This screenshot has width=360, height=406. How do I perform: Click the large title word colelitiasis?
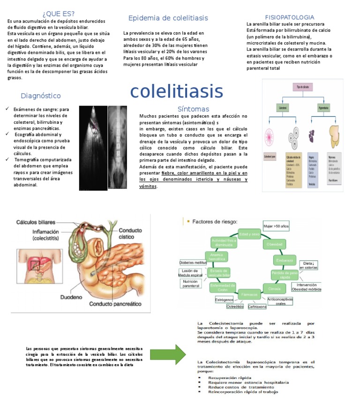(176, 91)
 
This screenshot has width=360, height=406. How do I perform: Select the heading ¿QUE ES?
(58, 13)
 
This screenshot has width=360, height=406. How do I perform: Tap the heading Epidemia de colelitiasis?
(168, 18)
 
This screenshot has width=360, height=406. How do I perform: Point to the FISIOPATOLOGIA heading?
(289, 17)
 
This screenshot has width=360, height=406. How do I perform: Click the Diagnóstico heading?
(41, 96)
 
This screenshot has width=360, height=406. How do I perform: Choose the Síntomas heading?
(193, 109)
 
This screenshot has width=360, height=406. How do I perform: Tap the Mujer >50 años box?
(276, 226)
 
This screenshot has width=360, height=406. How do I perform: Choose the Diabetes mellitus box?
(193, 263)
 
